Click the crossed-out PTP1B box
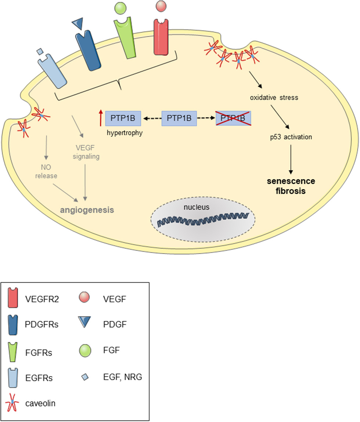coord(233,118)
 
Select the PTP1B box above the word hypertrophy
coord(123,118)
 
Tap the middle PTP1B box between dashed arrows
coord(179,118)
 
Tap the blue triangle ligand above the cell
coord(78,24)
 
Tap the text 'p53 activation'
coord(290,137)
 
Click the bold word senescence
coord(291,182)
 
